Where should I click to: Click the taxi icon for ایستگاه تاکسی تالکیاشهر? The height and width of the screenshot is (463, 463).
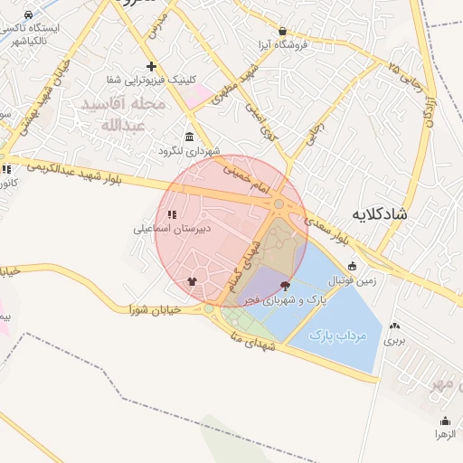[30, 15]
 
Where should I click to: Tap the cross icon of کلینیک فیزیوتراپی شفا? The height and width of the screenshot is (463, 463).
[151, 66]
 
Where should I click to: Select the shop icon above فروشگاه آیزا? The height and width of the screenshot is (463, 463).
[283, 31]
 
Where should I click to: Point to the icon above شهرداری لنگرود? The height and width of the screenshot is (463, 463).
[189, 137]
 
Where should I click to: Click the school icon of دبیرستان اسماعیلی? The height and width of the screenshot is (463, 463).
[173, 214]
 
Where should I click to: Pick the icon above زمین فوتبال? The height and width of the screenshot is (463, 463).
[353, 266]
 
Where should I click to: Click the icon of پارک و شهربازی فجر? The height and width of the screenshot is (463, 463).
[287, 285]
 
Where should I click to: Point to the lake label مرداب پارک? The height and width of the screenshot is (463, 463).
[336, 335]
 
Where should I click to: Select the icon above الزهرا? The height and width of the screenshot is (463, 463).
[445, 420]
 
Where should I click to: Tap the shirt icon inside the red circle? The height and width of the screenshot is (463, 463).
[192, 280]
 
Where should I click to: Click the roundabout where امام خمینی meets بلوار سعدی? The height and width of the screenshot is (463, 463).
[279, 205]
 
